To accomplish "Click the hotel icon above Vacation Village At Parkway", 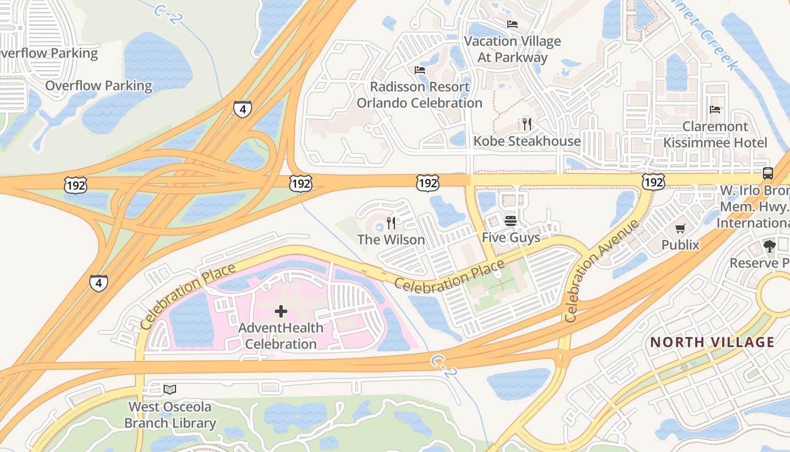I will coord(512,24).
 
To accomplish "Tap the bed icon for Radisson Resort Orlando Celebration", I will coord(419,70).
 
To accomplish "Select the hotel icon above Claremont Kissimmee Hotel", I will coord(715,109).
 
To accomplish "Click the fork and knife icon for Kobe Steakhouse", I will coord(526,124).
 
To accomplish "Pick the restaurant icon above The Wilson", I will coord(390,223).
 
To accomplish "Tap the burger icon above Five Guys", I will coord(511,220).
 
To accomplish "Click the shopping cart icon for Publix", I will coord(681,228).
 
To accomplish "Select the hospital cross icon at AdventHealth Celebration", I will coord(280,311).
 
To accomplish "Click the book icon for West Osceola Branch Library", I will coord(170,389).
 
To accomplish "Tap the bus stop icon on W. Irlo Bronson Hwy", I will coord(767,173).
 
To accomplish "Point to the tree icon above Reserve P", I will coord(769,246).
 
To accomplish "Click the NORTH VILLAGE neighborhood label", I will coord(712,342).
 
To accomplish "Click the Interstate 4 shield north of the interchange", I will coord(242,108).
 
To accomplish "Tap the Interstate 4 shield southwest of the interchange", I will coord(98,282).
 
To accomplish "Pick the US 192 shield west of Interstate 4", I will coord(75,185).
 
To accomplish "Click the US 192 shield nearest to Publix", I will coord(653,181).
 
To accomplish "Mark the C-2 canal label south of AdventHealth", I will coord(442,367).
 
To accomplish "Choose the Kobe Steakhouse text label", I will coord(526,141).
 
